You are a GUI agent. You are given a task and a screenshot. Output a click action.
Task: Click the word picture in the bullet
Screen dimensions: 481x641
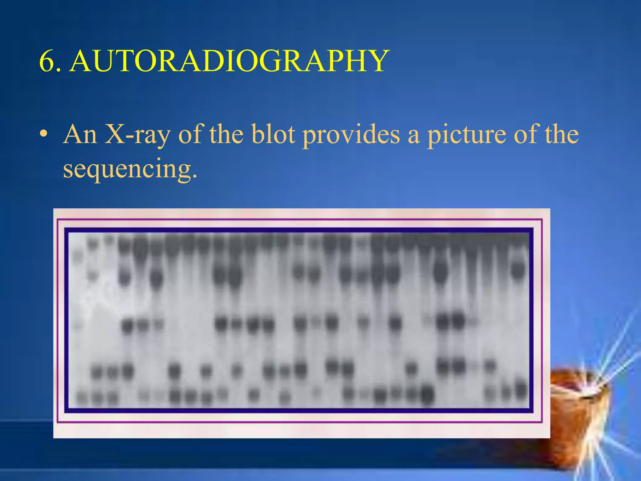tap(466, 135)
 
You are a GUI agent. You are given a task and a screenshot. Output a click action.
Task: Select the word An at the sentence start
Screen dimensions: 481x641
tap(80, 135)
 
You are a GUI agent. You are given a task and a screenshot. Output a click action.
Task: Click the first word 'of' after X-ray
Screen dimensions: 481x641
tap(191, 135)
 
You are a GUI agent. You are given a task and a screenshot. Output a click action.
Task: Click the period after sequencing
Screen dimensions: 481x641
tap(195, 176)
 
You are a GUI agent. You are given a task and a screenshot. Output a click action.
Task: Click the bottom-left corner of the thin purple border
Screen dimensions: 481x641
tap(58, 422)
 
